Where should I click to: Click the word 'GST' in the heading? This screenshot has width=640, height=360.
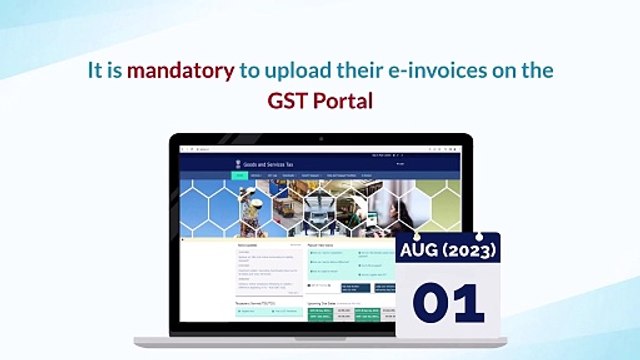tap(288, 102)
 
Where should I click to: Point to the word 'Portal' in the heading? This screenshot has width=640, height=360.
tap(341, 102)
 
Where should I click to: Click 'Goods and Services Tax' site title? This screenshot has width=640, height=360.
tap(264, 162)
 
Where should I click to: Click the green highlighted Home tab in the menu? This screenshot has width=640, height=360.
tap(239, 176)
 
